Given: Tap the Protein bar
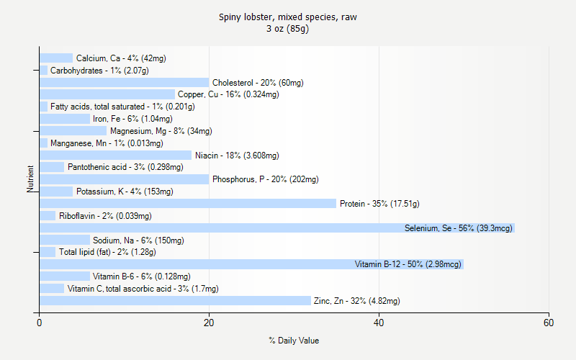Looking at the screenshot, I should [x=187, y=204].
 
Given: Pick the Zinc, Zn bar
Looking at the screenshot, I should [x=175, y=300].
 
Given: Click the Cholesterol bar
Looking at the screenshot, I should [x=124, y=83].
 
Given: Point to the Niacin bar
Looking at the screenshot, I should [x=115, y=155].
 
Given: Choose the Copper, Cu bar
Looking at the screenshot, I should [x=107, y=94].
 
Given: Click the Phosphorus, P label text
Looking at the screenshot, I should [x=265, y=179].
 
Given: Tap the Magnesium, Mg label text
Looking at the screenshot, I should [x=161, y=131].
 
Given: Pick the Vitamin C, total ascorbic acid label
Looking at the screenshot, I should [x=143, y=289].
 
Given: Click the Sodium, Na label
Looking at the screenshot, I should [x=138, y=240].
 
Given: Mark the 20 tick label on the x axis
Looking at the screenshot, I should [x=209, y=323].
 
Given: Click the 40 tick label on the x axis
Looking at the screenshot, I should [x=379, y=323].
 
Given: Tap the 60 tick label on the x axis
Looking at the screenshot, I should [x=549, y=323].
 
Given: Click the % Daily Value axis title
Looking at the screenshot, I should [x=294, y=341].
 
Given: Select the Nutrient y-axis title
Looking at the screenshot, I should [x=31, y=179].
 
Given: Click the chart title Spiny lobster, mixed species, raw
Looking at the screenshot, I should [x=288, y=17].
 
